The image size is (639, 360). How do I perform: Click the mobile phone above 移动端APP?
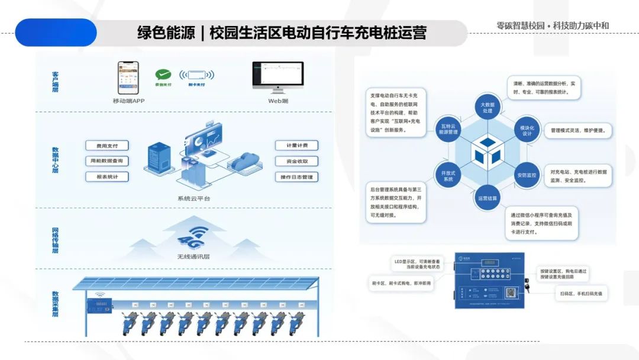128,78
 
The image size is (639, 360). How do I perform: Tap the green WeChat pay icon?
163,75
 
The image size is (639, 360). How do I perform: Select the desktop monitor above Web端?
277,76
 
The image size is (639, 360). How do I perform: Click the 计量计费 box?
296,146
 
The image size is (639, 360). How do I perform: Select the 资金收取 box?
296,161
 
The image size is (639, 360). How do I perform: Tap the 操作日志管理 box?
296,177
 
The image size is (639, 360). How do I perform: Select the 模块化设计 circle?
527,130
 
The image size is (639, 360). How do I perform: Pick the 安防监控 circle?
527,175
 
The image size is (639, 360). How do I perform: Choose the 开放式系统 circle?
448,175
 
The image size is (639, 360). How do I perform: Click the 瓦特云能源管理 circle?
448,130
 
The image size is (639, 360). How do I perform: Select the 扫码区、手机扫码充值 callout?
581,293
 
